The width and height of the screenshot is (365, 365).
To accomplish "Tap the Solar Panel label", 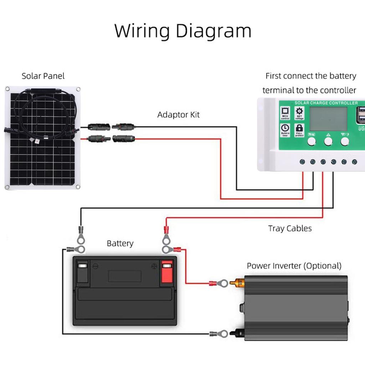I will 43,76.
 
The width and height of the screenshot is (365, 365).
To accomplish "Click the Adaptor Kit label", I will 178,115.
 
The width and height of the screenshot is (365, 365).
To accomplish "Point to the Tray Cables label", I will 290,228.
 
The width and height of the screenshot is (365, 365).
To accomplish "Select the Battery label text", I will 120,243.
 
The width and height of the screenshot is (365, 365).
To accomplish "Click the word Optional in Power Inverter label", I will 322,266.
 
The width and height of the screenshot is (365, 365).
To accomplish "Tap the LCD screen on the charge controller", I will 328,119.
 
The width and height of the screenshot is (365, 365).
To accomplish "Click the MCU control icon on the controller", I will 285,113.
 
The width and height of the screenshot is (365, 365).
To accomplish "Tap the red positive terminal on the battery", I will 166,273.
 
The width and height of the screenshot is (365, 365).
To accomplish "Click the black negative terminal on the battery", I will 83,273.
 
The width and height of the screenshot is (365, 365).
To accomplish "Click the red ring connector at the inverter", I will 220,283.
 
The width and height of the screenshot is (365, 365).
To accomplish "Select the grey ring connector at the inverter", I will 220,334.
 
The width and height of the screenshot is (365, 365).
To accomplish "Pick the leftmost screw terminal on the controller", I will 302,162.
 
